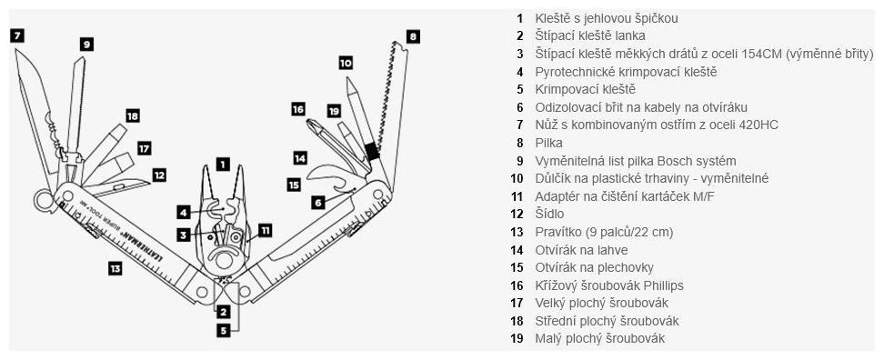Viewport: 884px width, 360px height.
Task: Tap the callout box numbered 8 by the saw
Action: click(413, 36)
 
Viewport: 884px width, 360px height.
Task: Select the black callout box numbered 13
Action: click(115, 269)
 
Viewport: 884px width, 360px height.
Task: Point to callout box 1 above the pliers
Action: click(223, 164)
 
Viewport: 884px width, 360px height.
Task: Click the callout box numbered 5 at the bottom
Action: click(224, 331)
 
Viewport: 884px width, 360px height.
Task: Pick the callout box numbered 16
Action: click(298, 109)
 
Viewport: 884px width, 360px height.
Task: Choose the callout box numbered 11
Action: click(265, 230)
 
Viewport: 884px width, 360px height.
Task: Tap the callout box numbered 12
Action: click(159, 175)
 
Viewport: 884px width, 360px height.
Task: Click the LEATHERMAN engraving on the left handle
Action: click(140, 241)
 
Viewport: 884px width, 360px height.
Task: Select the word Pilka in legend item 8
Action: click(548, 143)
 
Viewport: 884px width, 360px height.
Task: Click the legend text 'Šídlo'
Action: click(549, 214)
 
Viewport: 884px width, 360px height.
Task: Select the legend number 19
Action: click(517, 338)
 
